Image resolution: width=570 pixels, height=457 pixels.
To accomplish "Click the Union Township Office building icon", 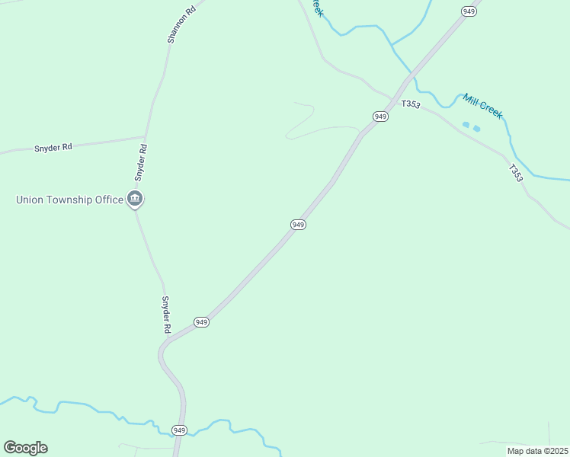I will [135, 200].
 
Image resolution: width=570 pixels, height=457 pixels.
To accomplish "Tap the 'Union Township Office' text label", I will [70, 200].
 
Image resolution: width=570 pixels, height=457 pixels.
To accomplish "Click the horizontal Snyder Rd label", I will [53, 147].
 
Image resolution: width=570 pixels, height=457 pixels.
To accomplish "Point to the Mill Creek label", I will [482, 106].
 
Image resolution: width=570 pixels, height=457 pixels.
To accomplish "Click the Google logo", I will [25, 448].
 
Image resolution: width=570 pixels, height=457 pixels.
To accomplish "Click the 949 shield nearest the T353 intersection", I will [381, 116].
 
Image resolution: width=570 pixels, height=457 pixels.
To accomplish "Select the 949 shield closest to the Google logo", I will [179, 430].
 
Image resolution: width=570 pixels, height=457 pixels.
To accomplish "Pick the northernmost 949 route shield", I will [469, 11].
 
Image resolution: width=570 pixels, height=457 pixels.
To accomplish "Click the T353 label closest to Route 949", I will [410, 104].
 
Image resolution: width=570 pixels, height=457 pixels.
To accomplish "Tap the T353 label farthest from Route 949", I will [516, 173].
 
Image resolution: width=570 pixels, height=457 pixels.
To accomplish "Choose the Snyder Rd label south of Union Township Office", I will [165, 315].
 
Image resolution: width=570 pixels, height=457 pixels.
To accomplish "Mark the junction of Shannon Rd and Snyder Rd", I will [145, 137].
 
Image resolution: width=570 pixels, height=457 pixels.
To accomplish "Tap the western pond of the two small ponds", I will [466, 124].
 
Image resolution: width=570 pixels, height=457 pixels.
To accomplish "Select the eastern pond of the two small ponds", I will [476, 129].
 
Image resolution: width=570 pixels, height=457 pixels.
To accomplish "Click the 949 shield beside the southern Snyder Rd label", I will [201, 322].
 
